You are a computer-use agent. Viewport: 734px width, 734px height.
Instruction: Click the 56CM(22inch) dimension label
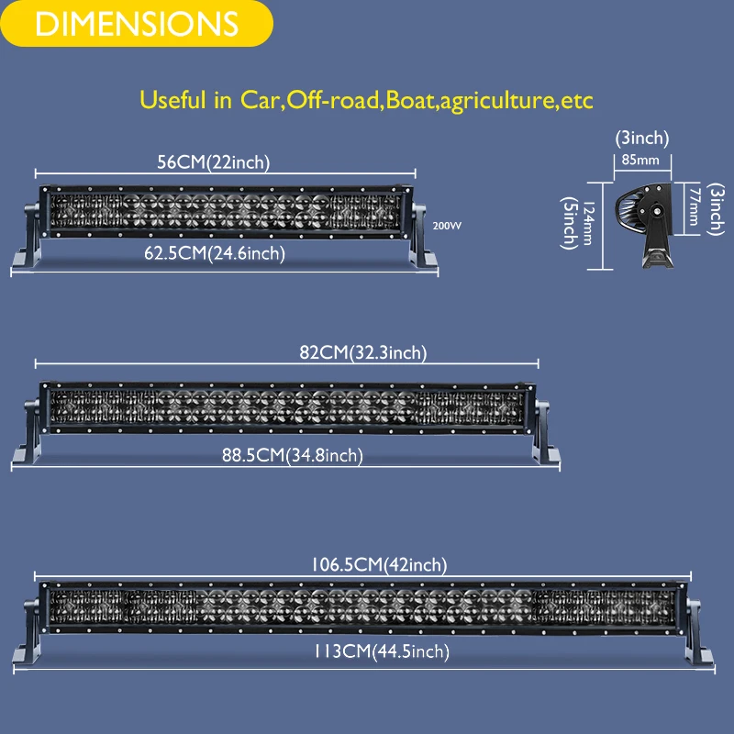click(x=213, y=162)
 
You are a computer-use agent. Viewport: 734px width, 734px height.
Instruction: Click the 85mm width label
click(x=640, y=160)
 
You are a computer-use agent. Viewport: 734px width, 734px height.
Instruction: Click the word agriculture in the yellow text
click(x=497, y=99)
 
